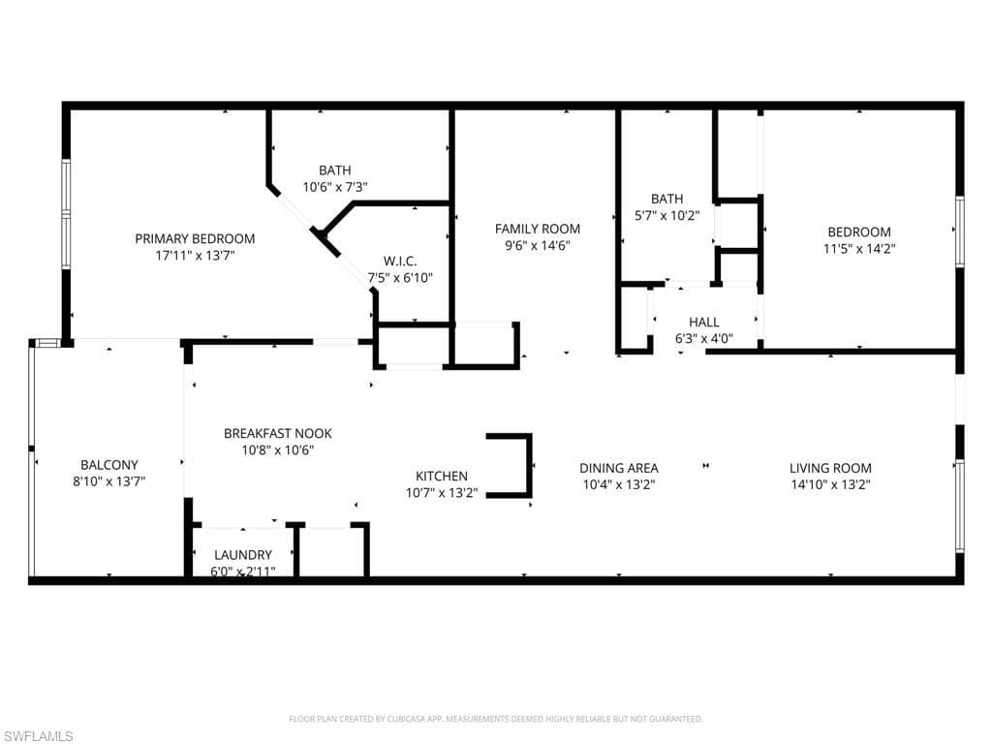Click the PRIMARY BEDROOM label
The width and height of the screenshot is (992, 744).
tap(195, 238)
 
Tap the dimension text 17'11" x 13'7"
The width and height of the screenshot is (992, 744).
tap(195, 256)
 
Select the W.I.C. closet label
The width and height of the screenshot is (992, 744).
tap(399, 261)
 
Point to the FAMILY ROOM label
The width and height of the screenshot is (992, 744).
tap(538, 229)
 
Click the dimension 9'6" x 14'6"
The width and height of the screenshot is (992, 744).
tap(538, 246)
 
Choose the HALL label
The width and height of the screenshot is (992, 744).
tap(703, 322)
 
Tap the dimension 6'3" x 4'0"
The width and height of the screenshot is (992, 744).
tap(703, 339)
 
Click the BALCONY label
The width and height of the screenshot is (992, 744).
tap(108, 465)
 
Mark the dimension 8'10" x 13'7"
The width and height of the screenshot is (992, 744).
tap(108, 481)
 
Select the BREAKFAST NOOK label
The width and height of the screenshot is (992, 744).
tap(277, 433)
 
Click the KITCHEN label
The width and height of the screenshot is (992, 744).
tap(442, 476)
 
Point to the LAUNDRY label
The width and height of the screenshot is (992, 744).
tap(243, 555)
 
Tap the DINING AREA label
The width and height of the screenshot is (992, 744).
tap(619, 468)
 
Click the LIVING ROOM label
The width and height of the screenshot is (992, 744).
tap(830, 468)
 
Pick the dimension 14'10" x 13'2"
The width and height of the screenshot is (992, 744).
tap(830, 484)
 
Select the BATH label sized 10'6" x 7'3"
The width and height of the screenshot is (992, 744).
tap(335, 170)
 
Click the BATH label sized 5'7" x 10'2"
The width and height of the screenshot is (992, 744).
tap(666, 199)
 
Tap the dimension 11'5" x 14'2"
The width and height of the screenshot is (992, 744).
tap(858, 248)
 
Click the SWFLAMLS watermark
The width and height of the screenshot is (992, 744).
tap(39, 736)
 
